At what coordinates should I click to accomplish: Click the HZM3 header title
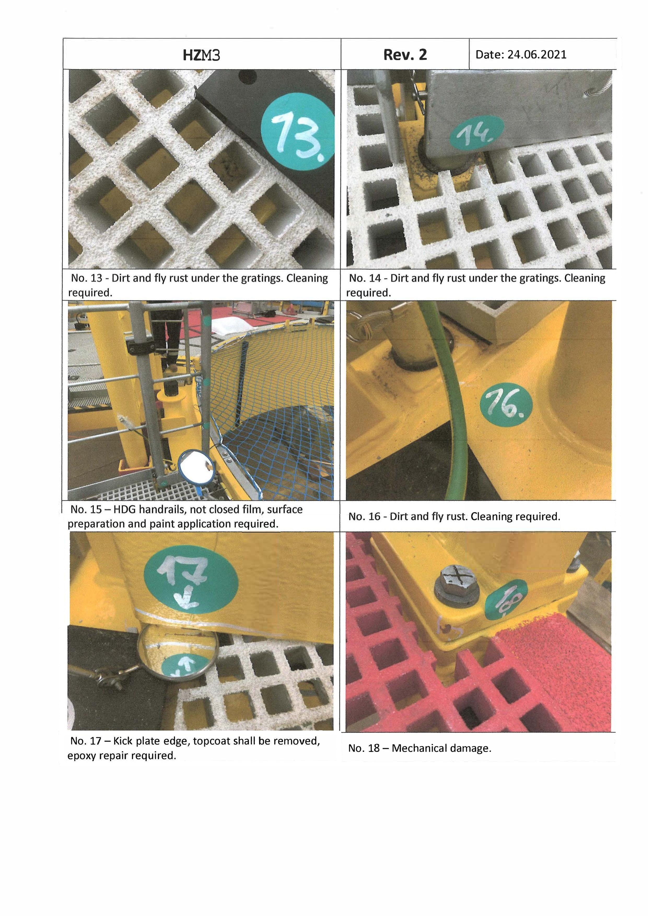[201, 55]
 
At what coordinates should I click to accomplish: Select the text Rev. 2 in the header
[405, 55]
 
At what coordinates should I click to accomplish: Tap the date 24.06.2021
[537, 55]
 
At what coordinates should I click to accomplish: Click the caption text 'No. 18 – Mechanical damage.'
[420, 748]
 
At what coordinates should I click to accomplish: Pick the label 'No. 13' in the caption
[87, 278]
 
